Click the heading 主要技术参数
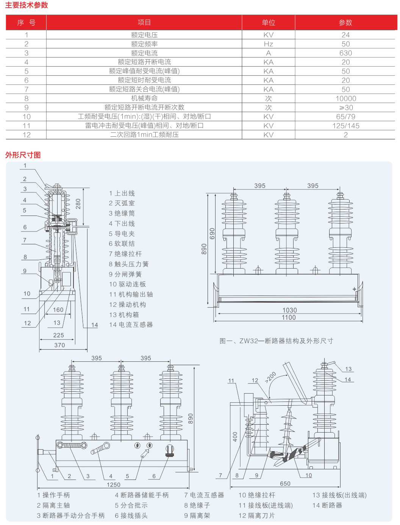tap(27, 5)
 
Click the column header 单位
tap(268, 23)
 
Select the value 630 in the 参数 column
tap(345, 53)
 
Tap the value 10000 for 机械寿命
tap(345, 98)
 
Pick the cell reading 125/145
tap(345, 126)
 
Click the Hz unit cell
tap(268, 44)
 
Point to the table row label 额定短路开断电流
tap(144, 62)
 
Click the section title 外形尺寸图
tap(23, 155)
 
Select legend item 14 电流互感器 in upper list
tap(131, 325)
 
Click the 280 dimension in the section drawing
tap(78, 203)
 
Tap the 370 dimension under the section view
tap(59, 345)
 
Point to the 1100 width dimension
tap(289, 317)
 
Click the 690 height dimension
tap(212, 233)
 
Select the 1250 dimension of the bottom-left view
tap(113, 484)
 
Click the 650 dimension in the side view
tap(285, 483)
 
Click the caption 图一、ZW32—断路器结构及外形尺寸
tap(276, 341)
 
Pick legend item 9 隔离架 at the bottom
tap(197, 516)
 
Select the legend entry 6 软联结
tap(122, 244)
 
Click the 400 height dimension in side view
tap(235, 436)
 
